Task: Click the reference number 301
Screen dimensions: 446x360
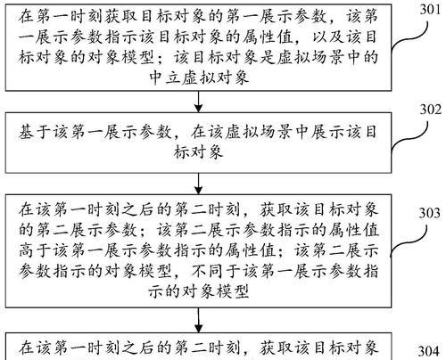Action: pos(430,10)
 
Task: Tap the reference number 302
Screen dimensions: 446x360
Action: pos(430,110)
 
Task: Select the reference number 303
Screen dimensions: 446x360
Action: pos(430,213)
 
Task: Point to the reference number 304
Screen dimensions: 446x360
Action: pos(429,351)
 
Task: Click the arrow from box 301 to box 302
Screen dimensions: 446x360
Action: pos(198,102)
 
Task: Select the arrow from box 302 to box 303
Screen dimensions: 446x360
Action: pos(198,184)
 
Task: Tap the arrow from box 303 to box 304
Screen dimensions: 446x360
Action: pos(198,320)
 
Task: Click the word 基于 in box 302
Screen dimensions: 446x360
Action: pos(36,132)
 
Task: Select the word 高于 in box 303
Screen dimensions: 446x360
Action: pos(36,251)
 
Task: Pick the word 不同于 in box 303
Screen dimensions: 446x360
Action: pos(216,271)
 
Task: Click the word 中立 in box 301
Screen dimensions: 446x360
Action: pos(166,78)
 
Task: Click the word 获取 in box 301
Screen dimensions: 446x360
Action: pos(122,17)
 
